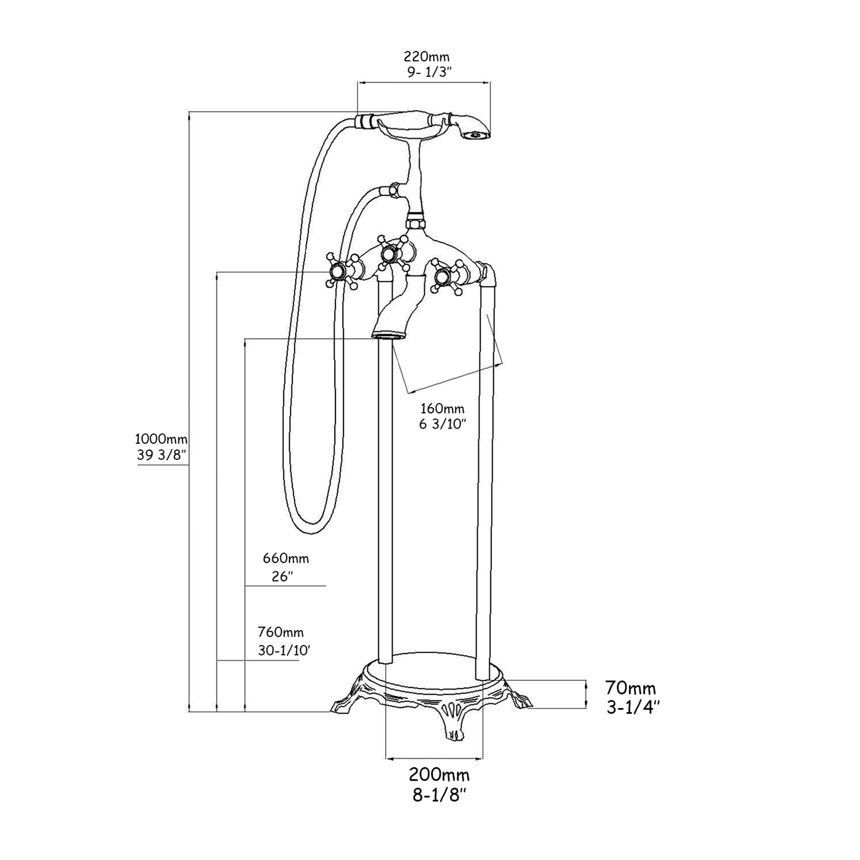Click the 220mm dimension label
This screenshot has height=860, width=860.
point(426,57)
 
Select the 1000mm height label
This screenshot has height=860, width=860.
point(161,438)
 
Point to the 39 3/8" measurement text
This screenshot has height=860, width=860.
point(161,455)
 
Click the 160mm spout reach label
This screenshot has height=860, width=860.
point(442,408)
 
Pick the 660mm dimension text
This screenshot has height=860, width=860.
point(286,558)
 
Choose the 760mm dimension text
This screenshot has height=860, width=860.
point(280,632)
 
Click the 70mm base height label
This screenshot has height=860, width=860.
point(630,688)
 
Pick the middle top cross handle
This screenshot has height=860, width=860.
point(391,253)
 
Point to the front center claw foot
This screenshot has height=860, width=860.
point(452,721)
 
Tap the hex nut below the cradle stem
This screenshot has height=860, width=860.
point(415,224)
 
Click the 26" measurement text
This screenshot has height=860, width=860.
point(282,577)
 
